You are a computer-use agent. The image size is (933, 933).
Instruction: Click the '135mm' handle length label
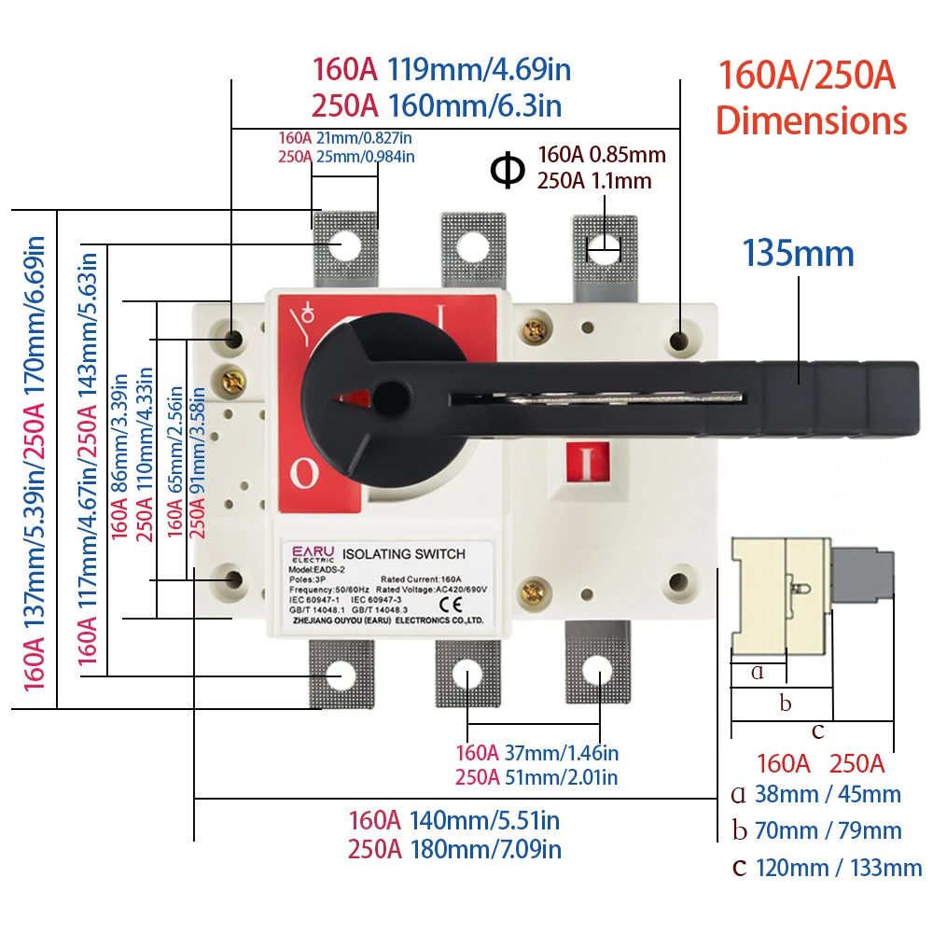[x=798, y=253]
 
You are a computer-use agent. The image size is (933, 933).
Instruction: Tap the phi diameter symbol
[x=508, y=170]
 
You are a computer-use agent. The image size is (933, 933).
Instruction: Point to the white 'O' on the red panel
[x=304, y=474]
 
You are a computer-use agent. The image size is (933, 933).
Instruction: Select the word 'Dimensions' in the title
[x=811, y=120]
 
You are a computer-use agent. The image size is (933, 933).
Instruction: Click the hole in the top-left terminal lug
[x=344, y=244]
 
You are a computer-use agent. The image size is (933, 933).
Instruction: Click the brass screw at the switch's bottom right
[x=534, y=590]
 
